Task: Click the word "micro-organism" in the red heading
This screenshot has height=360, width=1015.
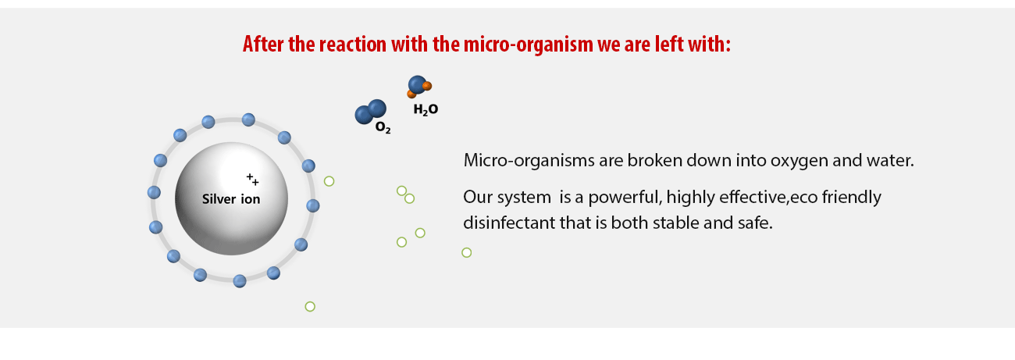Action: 529,45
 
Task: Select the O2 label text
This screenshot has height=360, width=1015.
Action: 383,128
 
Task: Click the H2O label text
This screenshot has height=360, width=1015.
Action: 426,110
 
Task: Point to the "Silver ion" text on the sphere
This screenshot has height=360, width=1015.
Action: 231,199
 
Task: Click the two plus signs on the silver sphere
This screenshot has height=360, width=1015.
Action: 252,179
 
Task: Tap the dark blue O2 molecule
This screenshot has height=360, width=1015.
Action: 371,112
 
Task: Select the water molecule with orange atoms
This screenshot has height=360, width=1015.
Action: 419,87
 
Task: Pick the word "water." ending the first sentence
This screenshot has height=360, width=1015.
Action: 890,160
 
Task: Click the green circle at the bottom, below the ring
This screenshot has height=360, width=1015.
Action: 310,306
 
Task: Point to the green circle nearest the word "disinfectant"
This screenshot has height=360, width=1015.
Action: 467,252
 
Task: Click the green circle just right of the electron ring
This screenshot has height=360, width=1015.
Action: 329,181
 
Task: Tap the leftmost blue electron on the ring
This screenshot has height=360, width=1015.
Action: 154,192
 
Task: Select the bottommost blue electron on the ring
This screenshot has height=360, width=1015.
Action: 240,281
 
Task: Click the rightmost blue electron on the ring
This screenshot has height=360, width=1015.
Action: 312,206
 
